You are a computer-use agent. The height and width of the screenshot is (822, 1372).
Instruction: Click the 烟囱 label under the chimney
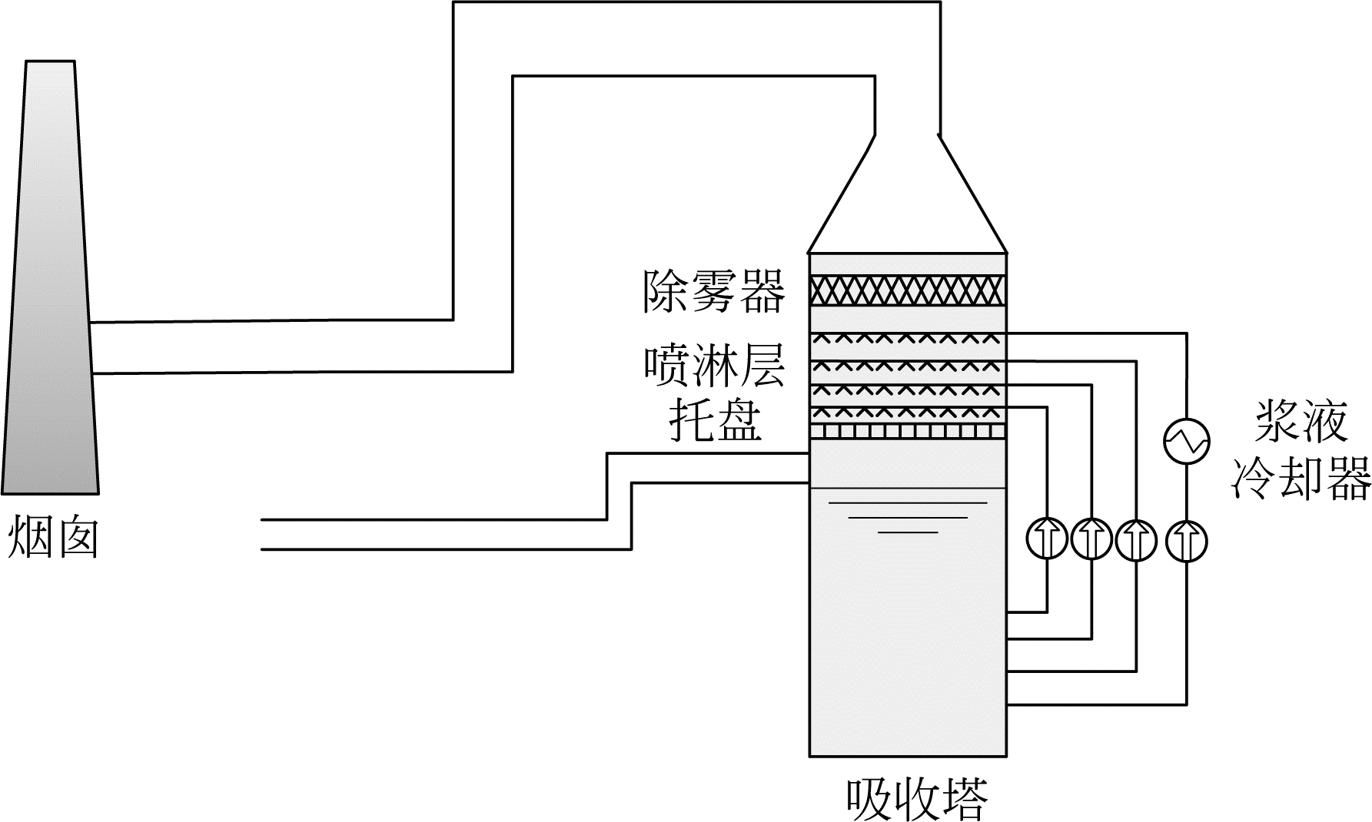click(x=53, y=536)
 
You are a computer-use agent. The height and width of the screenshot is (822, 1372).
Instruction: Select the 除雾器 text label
click(x=714, y=291)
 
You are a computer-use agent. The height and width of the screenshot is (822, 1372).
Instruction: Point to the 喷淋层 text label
click(x=714, y=366)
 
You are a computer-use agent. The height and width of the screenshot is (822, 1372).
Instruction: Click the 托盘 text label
click(x=715, y=420)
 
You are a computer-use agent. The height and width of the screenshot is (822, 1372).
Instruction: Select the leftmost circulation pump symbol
click(x=1047, y=540)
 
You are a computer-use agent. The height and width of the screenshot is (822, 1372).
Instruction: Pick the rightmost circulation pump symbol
click(x=1186, y=540)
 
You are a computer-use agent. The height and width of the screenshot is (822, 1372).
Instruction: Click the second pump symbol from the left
click(x=1091, y=540)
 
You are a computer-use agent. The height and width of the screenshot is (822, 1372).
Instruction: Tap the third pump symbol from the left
click(x=1135, y=540)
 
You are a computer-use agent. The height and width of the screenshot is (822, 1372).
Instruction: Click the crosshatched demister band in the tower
click(x=908, y=290)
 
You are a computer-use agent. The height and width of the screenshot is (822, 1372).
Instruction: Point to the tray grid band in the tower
click(x=908, y=432)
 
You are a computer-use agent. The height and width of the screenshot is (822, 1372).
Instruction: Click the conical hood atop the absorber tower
click(x=908, y=200)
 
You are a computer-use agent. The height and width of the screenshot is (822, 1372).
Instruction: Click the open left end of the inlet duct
click(x=264, y=535)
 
